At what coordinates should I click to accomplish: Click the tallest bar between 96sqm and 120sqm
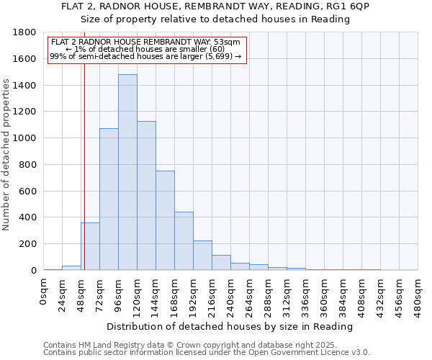127,173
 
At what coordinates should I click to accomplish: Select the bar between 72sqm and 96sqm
109,199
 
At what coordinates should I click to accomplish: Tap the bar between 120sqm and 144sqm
146,196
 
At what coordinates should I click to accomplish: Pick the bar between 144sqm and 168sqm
165,220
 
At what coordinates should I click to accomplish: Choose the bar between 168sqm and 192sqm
184,241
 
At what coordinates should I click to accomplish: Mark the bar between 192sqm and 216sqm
202,256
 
